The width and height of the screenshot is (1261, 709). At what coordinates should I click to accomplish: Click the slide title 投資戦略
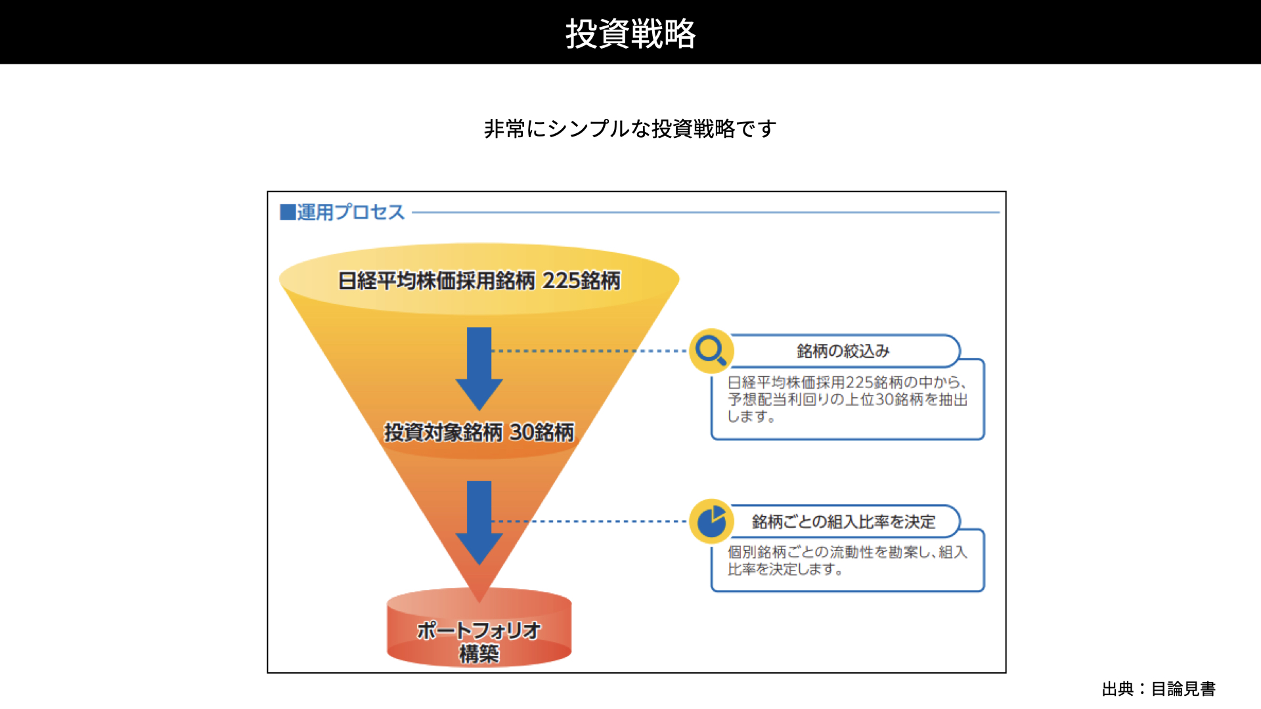630,33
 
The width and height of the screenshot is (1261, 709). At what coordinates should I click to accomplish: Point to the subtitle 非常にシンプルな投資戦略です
630,129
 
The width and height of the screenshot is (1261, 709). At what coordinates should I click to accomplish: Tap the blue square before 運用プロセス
288,212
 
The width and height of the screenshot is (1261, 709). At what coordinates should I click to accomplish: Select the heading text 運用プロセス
351,212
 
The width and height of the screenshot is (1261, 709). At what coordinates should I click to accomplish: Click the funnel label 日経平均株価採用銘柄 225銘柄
479,281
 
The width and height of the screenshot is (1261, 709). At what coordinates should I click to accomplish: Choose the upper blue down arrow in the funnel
479,369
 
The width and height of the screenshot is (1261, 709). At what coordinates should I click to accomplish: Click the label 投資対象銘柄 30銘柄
479,432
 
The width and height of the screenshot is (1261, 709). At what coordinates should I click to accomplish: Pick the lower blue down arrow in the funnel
479,523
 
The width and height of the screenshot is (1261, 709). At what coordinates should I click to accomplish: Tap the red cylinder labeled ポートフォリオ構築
479,627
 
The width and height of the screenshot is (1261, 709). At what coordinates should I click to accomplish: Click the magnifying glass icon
711,351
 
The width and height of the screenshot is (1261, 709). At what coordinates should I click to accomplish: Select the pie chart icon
711,522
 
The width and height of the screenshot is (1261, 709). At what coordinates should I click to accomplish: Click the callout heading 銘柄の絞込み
843,351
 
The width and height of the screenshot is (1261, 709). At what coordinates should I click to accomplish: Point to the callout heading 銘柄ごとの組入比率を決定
844,522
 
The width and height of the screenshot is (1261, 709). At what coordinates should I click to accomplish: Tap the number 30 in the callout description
885,399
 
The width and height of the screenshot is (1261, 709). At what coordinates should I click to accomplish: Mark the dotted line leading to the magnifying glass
589,351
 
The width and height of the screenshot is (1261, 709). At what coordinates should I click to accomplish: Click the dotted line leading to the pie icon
589,521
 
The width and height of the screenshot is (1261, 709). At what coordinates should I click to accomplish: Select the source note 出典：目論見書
1159,689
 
